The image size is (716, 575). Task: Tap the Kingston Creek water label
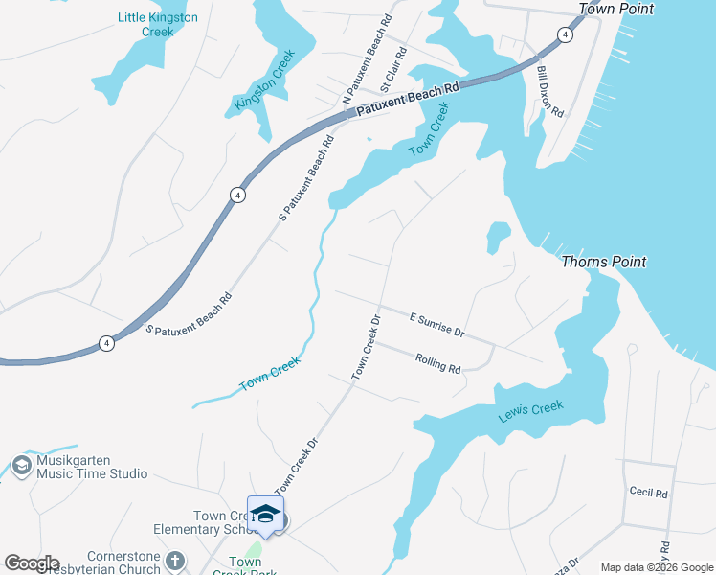point(262,83)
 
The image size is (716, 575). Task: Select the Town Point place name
point(615,9)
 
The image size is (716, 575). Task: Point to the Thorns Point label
point(603,262)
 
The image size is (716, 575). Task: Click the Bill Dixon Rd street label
point(549,92)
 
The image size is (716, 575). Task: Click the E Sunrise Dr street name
point(436,325)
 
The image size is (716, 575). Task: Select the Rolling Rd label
point(438,363)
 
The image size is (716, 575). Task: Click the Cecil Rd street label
point(648,492)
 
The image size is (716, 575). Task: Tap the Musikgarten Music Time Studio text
point(92,467)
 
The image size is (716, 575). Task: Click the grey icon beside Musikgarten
point(21,467)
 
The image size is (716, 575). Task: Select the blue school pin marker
point(266,516)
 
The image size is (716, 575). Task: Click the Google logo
point(32,563)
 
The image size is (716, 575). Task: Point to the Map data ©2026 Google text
point(657,567)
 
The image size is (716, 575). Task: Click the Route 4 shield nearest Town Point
point(566,34)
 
